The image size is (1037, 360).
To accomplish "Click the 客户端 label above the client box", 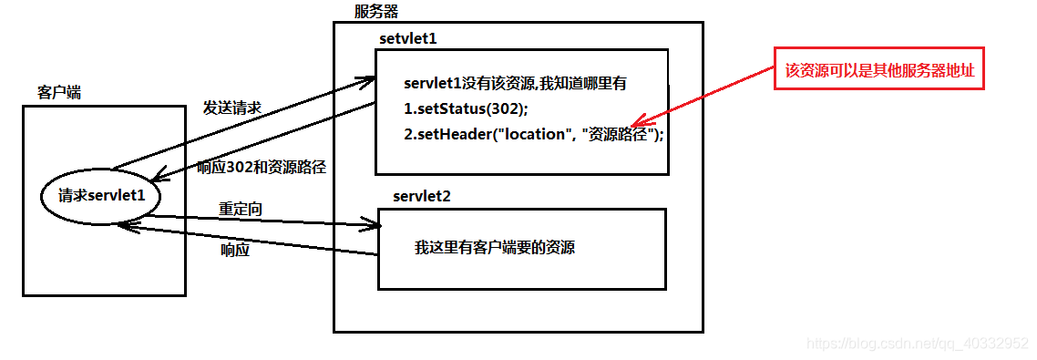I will (58, 93).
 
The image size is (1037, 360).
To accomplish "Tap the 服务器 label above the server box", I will (375, 12).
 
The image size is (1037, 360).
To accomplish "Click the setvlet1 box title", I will (409, 40).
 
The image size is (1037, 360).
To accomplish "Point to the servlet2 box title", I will (422, 197).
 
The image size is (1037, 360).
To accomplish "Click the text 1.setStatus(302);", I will (465, 108).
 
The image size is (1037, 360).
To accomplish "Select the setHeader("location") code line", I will (533, 134).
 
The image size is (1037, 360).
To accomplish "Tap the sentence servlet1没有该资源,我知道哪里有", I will (515, 84).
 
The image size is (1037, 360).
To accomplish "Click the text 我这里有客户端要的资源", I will (495, 247).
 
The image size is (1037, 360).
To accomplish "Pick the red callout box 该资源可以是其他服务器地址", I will (879, 70).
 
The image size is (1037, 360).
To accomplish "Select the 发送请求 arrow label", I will (232, 108).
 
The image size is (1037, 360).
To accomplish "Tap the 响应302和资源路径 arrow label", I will (262, 167).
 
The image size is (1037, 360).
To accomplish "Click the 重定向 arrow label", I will (241, 209).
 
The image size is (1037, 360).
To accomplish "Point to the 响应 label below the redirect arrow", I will (235, 250).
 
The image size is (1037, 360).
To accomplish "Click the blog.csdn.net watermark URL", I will (918, 344).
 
